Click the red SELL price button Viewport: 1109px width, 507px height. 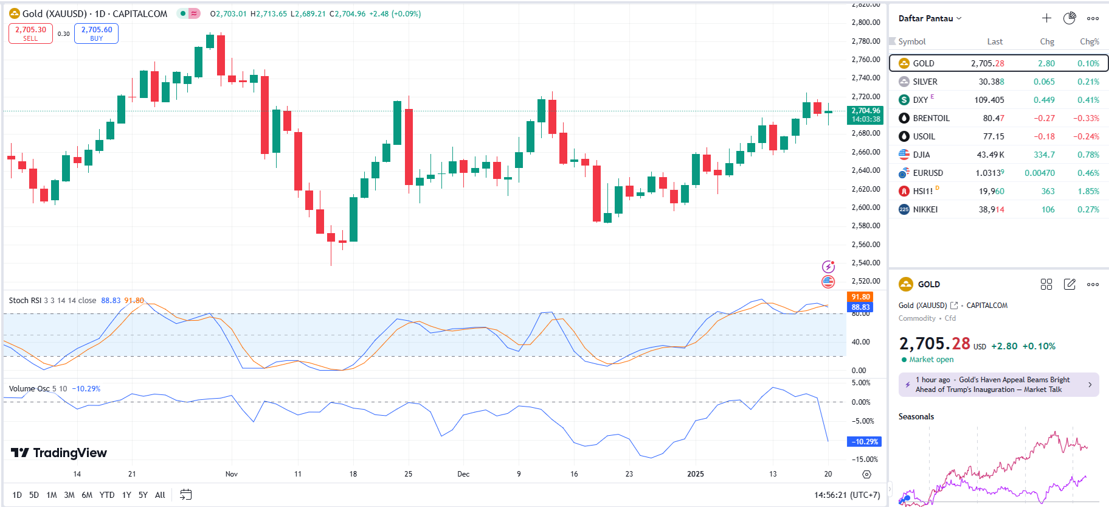coord(30,33)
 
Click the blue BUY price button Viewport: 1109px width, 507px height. coord(96,33)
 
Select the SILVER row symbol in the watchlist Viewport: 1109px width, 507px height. coord(925,82)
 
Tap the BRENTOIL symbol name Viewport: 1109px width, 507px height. coord(931,118)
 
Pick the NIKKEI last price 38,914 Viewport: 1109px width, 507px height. coord(991,209)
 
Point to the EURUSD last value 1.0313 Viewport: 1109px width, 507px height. coord(989,173)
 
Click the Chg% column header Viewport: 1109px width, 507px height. coord(1089,41)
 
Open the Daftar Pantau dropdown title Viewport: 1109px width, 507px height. coord(930,18)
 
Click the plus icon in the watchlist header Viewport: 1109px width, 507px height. coord(1046,18)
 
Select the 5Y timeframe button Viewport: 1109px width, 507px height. coord(143,495)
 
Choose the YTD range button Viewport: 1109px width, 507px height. coord(107,495)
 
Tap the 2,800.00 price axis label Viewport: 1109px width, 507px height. coord(866,23)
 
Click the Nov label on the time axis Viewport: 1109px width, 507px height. coord(232,474)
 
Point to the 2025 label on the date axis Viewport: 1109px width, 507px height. coord(695,474)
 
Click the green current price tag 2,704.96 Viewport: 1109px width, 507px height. coord(865,114)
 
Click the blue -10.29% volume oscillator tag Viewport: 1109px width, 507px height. coord(864,441)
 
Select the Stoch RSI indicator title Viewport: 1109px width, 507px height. coord(25,300)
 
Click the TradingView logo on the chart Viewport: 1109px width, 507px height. coord(59,453)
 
